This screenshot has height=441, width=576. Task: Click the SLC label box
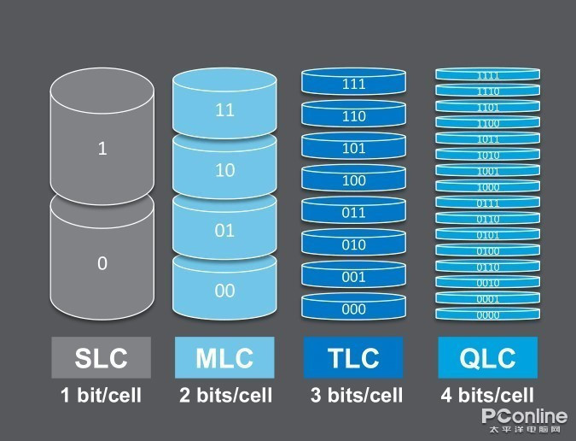pos(102,357)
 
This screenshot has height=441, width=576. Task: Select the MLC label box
pos(224,357)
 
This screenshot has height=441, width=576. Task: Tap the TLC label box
pos(354,357)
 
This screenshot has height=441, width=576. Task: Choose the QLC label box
pos(487,357)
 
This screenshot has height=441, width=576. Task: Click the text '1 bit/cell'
pos(102,396)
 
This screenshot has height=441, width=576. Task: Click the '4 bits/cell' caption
pos(487,396)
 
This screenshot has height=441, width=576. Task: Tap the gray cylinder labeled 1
pos(102,145)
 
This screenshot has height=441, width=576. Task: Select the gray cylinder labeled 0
pos(102,261)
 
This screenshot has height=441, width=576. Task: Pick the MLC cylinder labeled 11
pos(224,109)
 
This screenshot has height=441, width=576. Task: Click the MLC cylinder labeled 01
pos(224,229)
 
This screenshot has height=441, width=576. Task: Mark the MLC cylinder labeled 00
pos(224,290)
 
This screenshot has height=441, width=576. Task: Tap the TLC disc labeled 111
pos(353,84)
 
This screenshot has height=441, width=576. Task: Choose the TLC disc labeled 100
pos(353,180)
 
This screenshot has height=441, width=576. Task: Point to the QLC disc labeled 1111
pos(488,75)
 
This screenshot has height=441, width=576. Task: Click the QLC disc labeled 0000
pos(488,315)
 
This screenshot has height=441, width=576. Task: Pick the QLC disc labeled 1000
pos(488,187)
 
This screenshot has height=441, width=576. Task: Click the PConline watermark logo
pos(524,418)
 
